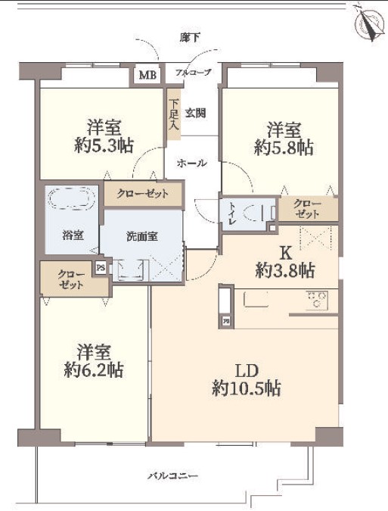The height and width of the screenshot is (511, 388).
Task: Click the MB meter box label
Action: pos(147,75)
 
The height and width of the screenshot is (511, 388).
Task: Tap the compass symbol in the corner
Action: pos(368,23)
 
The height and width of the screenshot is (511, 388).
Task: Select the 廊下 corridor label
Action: pos(189,38)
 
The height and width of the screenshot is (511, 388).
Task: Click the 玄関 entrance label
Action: pos(195,113)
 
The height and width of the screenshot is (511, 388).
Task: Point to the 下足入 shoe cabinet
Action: pos(174,114)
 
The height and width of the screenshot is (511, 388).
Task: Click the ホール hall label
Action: pos(191,163)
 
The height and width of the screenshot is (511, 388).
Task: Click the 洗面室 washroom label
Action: pos(142,236)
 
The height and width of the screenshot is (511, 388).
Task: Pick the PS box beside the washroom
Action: pos(101,268)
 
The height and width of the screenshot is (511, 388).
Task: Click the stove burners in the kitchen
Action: pos(317,300)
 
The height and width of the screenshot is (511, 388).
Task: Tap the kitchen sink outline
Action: pos(256,299)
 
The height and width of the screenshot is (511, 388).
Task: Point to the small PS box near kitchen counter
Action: pos(226,321)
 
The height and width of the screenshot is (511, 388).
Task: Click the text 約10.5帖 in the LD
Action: pos(247,388)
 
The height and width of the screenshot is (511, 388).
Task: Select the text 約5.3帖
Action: pos(104,145)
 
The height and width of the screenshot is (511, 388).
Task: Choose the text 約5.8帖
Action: pos(284,148)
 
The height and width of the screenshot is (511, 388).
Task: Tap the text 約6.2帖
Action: pos(94,370)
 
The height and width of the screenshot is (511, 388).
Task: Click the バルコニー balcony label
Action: pos(173,476)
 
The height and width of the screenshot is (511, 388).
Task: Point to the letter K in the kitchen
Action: pos(286,252)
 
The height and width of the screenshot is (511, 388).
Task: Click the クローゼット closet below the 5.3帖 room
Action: pos(143,194)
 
